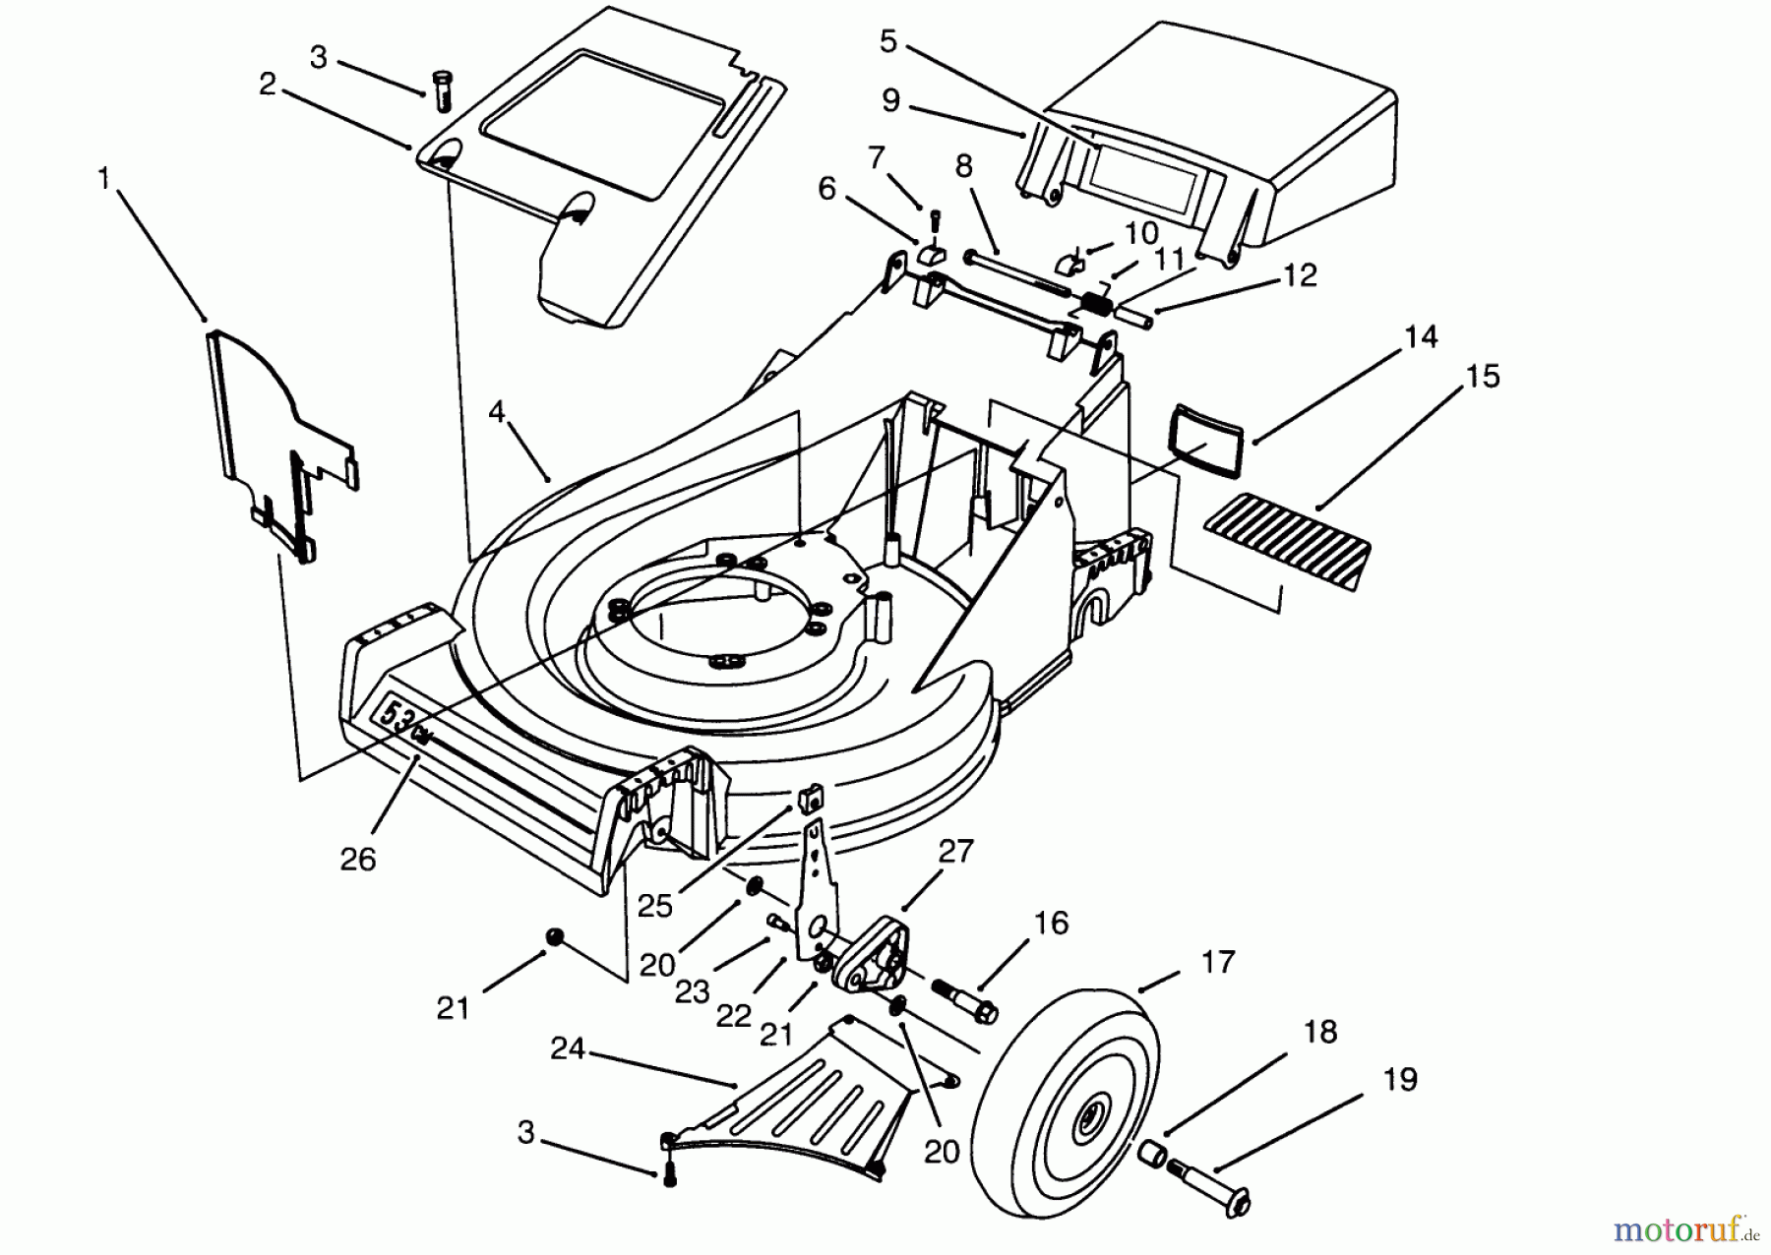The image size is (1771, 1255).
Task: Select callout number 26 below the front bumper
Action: (358, 859)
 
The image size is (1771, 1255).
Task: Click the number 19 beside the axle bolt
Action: (1400, 1079)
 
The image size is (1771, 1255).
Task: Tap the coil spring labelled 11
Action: (1097, 303)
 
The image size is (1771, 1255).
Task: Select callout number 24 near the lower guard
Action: (568, 1049)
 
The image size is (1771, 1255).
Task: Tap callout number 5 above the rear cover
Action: (888, 41)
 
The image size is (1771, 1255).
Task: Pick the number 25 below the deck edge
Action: (654, 905)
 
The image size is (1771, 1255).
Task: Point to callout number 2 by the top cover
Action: (268, 85)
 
